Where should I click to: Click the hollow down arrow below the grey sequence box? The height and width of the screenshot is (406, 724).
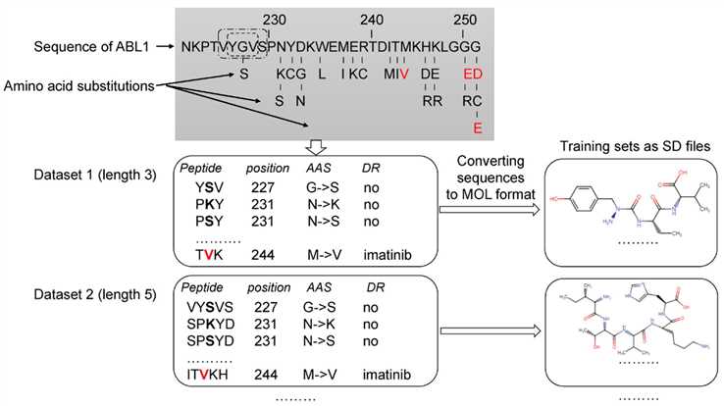click(x=314, y=147)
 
